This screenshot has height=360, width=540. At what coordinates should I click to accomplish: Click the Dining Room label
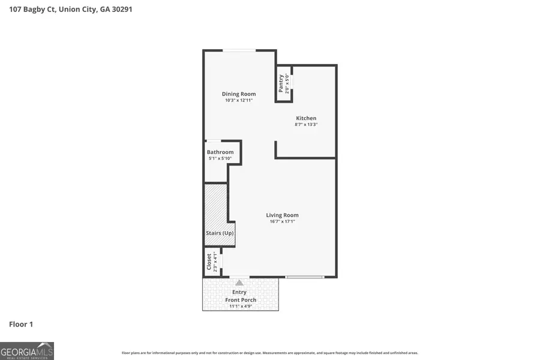239,94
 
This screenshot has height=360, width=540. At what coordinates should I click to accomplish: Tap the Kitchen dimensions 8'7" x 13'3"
306,125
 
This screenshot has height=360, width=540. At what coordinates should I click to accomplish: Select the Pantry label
281,83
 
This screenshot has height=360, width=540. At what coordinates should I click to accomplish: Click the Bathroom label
220,152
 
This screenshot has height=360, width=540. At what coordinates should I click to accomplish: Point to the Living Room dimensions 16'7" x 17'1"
283,221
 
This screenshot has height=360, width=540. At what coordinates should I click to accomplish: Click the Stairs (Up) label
220,233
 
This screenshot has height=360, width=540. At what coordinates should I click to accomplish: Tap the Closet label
209,262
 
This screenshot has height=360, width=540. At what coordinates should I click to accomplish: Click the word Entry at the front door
239,292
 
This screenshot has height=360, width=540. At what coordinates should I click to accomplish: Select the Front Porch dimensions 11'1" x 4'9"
241,307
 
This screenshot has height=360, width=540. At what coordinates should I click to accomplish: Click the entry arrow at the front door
239,282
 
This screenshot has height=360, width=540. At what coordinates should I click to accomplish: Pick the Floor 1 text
21,325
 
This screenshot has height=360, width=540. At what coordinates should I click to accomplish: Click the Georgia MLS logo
27,350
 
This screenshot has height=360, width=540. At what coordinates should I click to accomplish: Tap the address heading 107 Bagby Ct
71,10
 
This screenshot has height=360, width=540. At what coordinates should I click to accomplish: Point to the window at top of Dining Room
238,50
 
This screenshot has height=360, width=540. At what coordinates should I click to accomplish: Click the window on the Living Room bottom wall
305,277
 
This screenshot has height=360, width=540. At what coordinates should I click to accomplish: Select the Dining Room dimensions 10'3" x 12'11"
239,101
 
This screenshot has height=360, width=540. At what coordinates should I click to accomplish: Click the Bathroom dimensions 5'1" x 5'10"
220,159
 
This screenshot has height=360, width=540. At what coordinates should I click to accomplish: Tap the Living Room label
283,215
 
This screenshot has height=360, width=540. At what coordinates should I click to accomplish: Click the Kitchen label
306,118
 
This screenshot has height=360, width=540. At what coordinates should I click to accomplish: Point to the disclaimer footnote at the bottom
270,353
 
